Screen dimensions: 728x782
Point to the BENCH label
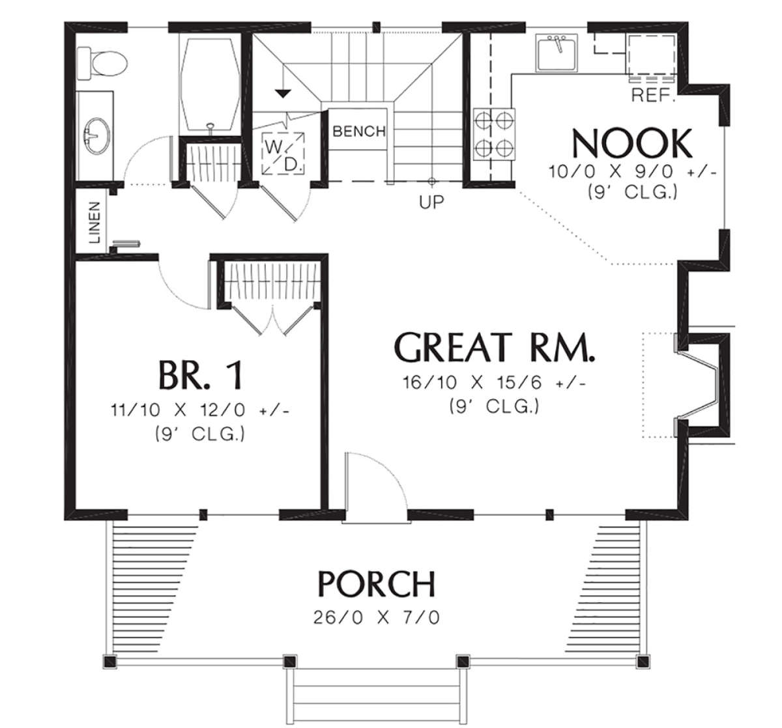click(359, 132)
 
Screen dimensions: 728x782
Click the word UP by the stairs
click(431, 203)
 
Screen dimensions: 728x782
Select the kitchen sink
click(556, 53)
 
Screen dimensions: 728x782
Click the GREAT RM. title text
click(495, 348)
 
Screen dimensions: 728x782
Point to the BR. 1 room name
click(200, 376)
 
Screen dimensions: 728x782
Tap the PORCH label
click(377, 584)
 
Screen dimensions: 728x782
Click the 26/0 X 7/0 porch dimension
click(377, 616)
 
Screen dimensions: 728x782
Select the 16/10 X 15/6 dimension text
click(494, 384)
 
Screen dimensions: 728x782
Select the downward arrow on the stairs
click(282, 93)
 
